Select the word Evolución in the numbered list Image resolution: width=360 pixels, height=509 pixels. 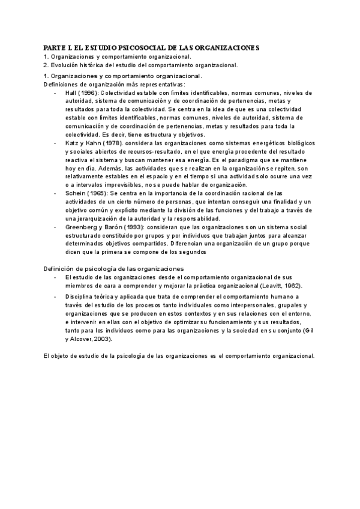[65, 65]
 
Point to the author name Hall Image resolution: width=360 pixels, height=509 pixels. [71, 93]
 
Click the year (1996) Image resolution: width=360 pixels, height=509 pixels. [90, 93]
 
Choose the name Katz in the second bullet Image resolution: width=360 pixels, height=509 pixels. [72, 144]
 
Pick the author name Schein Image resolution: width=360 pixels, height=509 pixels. [76, 194]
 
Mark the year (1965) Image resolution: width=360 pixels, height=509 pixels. [99, 194]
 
